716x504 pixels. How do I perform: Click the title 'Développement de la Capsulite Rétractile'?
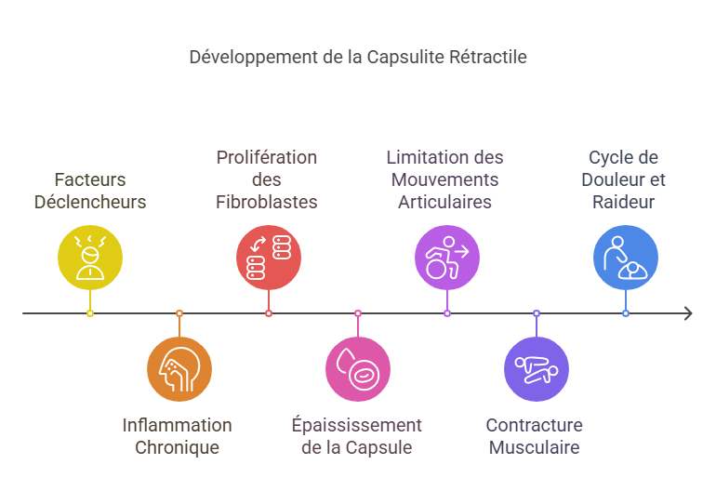click(358, 57)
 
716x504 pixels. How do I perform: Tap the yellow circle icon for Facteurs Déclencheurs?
click(90, 258)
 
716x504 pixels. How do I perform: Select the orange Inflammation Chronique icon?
click(179, 369)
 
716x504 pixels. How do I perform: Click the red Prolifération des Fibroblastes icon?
click(269, 258)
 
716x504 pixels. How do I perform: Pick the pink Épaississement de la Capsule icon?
click(358, 369)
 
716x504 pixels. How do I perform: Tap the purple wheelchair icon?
click(447, 258)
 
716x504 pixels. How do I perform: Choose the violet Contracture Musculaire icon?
click(537, 369)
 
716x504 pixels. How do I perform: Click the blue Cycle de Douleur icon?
click(626, 258)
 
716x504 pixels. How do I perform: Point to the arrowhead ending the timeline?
click(688, 313)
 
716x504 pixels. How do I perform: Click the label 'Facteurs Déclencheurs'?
click(90, 191)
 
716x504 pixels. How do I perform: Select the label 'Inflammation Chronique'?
click(178, 436)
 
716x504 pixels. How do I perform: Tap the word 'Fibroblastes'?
click(267, 202)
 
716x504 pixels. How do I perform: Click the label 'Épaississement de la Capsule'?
click(357, 436)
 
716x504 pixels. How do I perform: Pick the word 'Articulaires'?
click(445, 202)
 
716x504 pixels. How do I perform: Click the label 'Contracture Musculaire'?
click(535, 436)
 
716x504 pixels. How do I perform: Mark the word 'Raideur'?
click(624, 202)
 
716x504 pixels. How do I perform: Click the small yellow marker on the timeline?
click(90, 313)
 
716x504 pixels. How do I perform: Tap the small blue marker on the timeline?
click(626, 313)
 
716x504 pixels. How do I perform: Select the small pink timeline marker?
click(358, 313)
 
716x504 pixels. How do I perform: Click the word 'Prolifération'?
click(267, 157)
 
